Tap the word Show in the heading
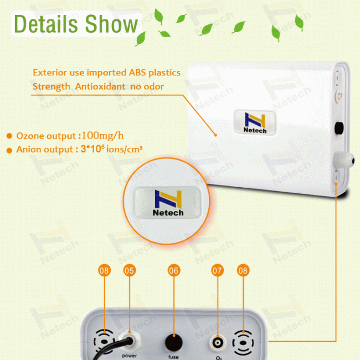click(x=111, y=24)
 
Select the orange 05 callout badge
click(x=129, y=271)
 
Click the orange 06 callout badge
click(x=174, y=271)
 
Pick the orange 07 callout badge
click(x=217, y=271)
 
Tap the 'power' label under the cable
click(x=129, y=355)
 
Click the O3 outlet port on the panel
click(x=217, y=342)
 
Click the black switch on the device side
click(x=337, y=128)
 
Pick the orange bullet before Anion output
click(x=9, y=150)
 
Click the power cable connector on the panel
click(x=128, y=340)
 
